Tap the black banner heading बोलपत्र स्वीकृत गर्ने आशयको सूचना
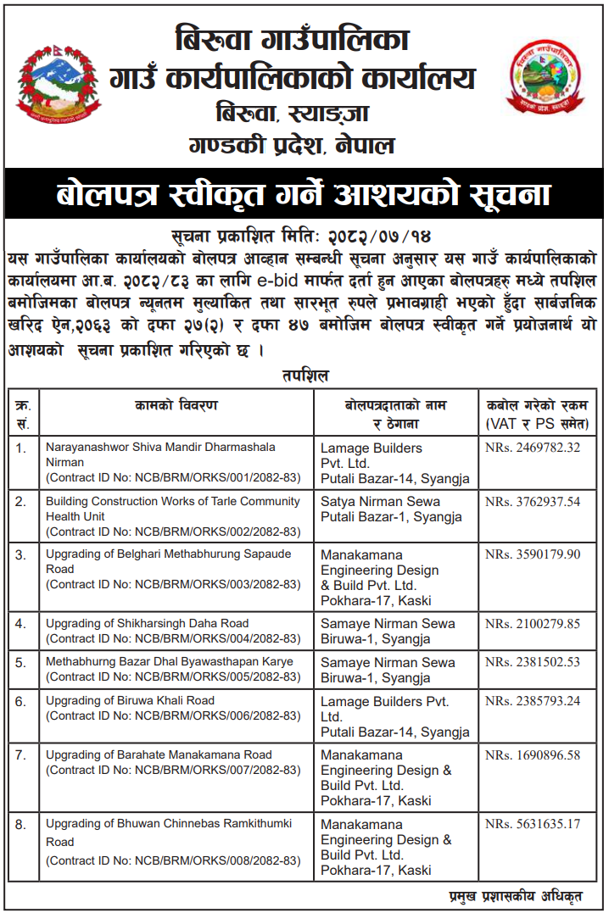point(304,195)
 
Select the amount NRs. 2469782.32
point(533,448)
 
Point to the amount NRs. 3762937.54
point(533,502)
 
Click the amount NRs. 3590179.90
point(533,554)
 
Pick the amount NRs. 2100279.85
point(533,624)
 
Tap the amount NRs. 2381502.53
point(533,663)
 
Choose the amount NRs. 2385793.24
point(533,701)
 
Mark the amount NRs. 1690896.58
point(533,755)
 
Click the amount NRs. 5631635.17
point(533,824)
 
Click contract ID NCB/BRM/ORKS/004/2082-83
point(173,638)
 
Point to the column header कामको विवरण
point(176,406)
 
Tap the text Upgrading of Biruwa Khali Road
point(130,701)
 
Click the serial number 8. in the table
point(22,824)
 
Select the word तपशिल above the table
point(304,375)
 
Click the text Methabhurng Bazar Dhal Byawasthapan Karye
point(170,662)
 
